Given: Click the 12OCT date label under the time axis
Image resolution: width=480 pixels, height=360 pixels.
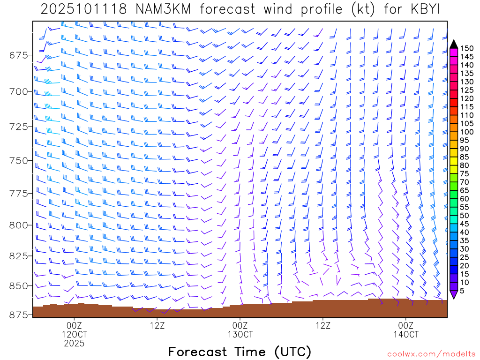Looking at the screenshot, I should click(x=75, y=335).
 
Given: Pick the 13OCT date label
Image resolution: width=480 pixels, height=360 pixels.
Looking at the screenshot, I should click(x=240, y=335).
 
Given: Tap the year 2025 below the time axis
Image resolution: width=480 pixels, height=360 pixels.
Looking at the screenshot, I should click(x=75, y=344).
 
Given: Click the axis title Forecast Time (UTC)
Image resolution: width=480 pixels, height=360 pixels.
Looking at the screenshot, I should click(x=240, y=352).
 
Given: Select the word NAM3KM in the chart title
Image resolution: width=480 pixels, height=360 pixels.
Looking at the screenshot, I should click(x=161, y=9).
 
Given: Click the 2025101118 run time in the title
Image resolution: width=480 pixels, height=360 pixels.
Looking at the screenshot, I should click(x=83, y=9).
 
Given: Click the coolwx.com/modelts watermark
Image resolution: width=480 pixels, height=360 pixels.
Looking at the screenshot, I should click(x=431, y=354).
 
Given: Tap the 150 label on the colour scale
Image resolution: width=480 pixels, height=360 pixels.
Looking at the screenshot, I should click(x=467, y=48).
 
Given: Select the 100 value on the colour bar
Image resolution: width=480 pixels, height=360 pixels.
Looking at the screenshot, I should click(x=467, y=132).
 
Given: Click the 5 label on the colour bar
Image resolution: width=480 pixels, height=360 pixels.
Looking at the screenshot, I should click(x=464, y=291).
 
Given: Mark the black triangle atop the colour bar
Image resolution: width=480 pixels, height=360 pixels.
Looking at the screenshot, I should click(x=454, y=44).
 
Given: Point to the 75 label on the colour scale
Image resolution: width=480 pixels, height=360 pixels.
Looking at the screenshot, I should click(x=465, y=173).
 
